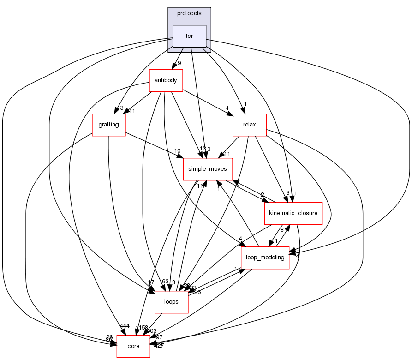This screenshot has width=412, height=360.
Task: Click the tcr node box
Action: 189,36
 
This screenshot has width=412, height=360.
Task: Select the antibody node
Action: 166,80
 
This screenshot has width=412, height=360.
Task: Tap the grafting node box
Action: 109,125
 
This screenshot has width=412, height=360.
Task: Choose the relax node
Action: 250,125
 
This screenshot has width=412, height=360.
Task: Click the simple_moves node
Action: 208,169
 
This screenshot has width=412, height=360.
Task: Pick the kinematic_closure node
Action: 293,213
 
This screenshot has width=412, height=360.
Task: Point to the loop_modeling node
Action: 265,257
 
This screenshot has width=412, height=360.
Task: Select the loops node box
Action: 171,302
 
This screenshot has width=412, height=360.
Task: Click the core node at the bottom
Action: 133,346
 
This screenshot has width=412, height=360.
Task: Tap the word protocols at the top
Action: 189,13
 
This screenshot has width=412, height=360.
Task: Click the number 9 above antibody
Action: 179,63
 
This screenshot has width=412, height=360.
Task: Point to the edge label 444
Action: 124,326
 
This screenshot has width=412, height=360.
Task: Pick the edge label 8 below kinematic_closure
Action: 281,229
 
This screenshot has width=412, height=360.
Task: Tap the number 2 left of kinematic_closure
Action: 263,195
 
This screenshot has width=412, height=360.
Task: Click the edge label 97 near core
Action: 159,337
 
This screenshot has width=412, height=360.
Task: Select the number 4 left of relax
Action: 227,109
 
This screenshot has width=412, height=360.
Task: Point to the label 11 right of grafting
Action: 131,111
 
